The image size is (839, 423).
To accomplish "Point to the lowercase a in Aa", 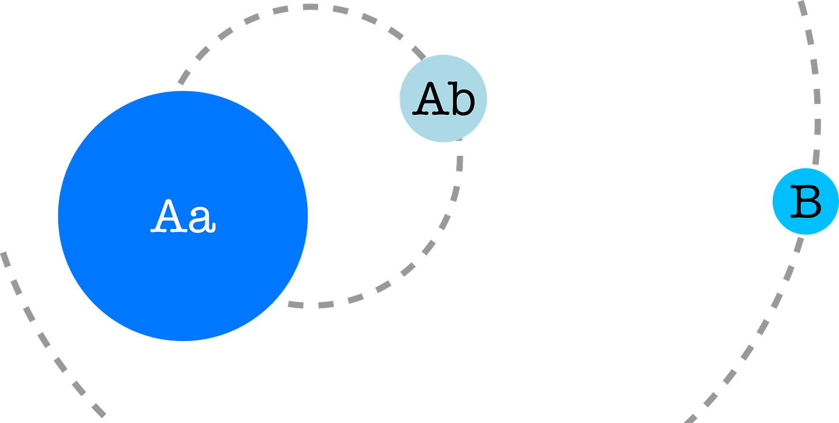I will [202, 220].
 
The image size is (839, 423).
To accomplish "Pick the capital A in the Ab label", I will [429, 99].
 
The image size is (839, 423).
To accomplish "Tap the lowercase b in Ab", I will [462, 99].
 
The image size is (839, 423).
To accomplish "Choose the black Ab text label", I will [444, 99].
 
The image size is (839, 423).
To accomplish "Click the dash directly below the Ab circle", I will [459, 163].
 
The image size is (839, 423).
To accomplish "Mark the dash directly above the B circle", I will [817, 156].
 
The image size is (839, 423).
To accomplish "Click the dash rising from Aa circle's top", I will [184, 77].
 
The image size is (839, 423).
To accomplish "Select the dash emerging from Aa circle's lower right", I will [294, 304].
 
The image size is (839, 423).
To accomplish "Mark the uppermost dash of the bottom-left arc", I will [5, 259].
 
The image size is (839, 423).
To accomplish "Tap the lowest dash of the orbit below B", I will [691, 418].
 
